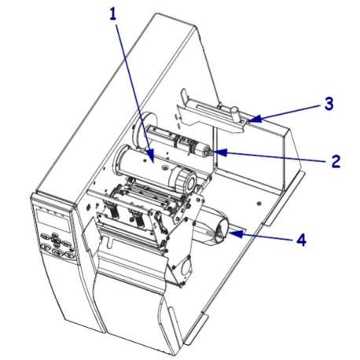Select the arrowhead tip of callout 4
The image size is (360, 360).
tap(230, 230)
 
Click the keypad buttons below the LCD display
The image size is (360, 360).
tap(59, 243)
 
